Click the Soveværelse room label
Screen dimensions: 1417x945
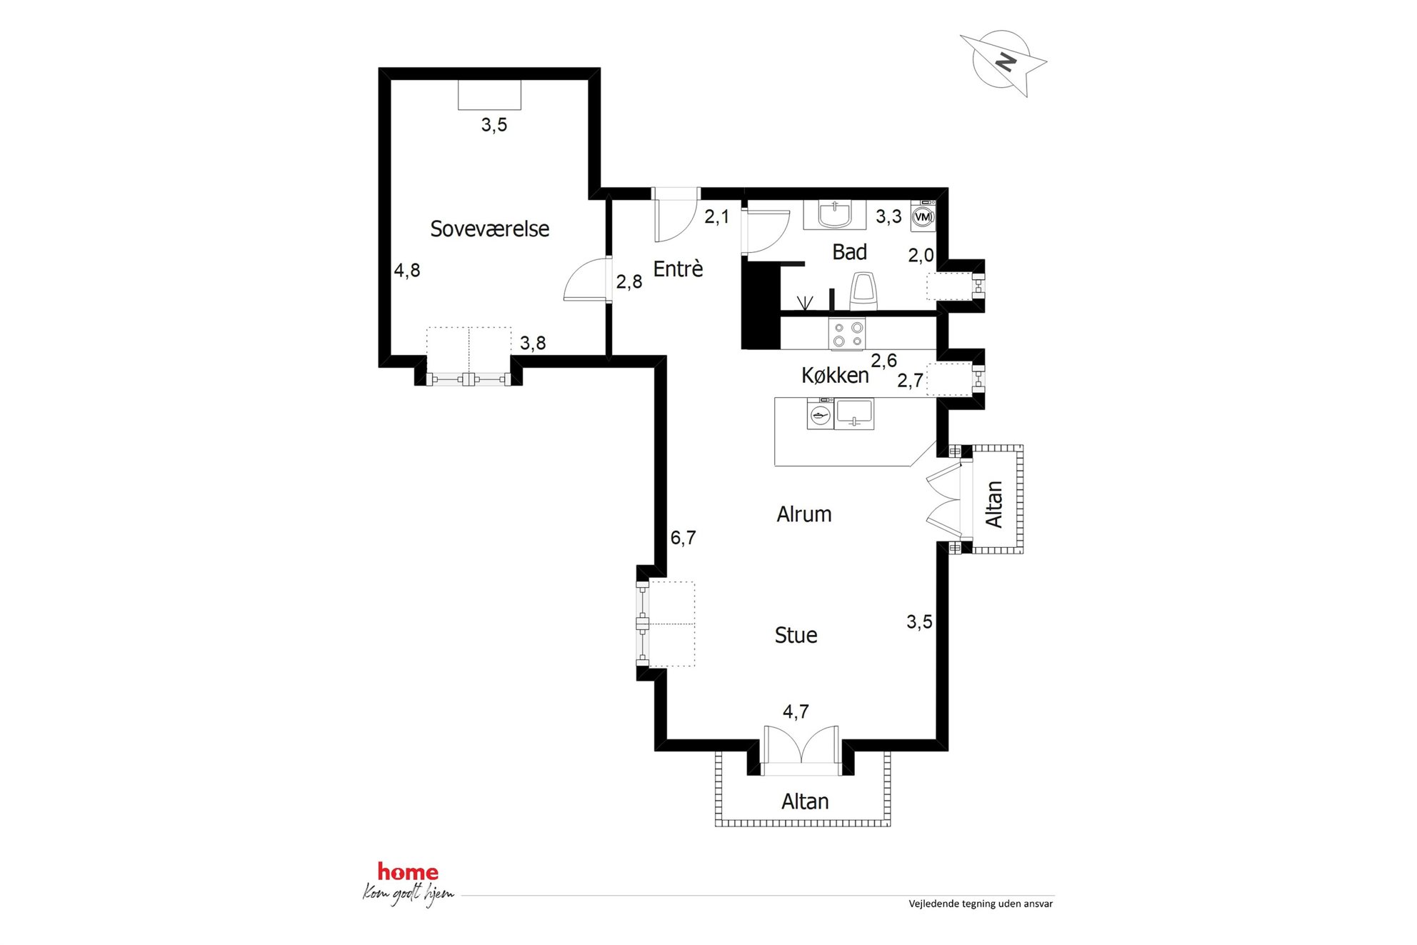coord(489,229)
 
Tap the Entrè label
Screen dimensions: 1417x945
coord(678,269)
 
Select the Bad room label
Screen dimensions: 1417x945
coord(849,251)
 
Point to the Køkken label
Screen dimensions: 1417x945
coord(835,375)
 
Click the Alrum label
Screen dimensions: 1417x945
coord(804,514)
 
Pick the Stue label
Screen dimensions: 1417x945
coord(796,635)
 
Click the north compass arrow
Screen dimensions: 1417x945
coord(1003,63)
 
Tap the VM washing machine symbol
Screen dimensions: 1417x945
coord(923,216)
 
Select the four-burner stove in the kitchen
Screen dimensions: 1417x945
coord(847,334)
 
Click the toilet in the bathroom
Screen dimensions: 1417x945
coord(863,291)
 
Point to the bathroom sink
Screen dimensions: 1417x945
coord(834,214)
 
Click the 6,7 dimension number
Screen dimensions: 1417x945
coord(683,537)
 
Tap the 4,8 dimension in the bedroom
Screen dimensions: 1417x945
coord(407,270)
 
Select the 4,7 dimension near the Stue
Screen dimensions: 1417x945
coord(796,711)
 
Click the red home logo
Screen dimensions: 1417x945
coord(408,871)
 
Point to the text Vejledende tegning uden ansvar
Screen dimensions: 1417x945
coord(981,904)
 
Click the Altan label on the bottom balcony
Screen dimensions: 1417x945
coord(805,801)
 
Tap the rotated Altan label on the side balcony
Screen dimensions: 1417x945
coord(994,504)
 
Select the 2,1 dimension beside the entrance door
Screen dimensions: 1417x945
coord(717,216)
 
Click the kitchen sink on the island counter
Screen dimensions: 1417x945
coord(854,414)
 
